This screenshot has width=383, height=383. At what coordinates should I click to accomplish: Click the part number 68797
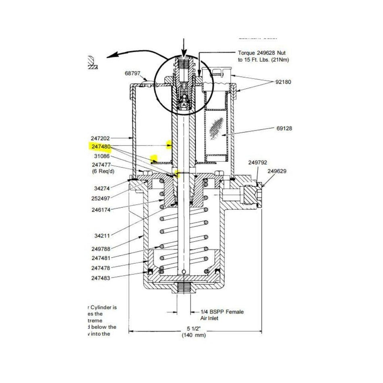coord(133,73)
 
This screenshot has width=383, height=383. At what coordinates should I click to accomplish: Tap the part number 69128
coord(284,129)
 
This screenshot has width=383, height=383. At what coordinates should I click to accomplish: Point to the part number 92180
coord(283,82)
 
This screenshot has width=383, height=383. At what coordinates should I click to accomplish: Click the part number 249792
coord(257,162)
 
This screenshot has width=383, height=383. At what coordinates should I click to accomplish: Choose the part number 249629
coord(277,171)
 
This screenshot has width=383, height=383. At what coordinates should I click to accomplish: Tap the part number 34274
coord(102,188)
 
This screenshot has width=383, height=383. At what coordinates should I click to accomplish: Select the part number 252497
coord(101,199)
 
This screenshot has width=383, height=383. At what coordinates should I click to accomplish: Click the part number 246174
coord(101,210)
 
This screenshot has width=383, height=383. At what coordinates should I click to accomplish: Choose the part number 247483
coord(101,278)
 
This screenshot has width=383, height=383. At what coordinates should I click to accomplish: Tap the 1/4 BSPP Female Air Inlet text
coord(222,315)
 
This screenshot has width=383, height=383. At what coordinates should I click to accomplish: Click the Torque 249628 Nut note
coord(264,56)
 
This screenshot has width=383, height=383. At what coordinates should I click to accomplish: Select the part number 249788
coord(101,249)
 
